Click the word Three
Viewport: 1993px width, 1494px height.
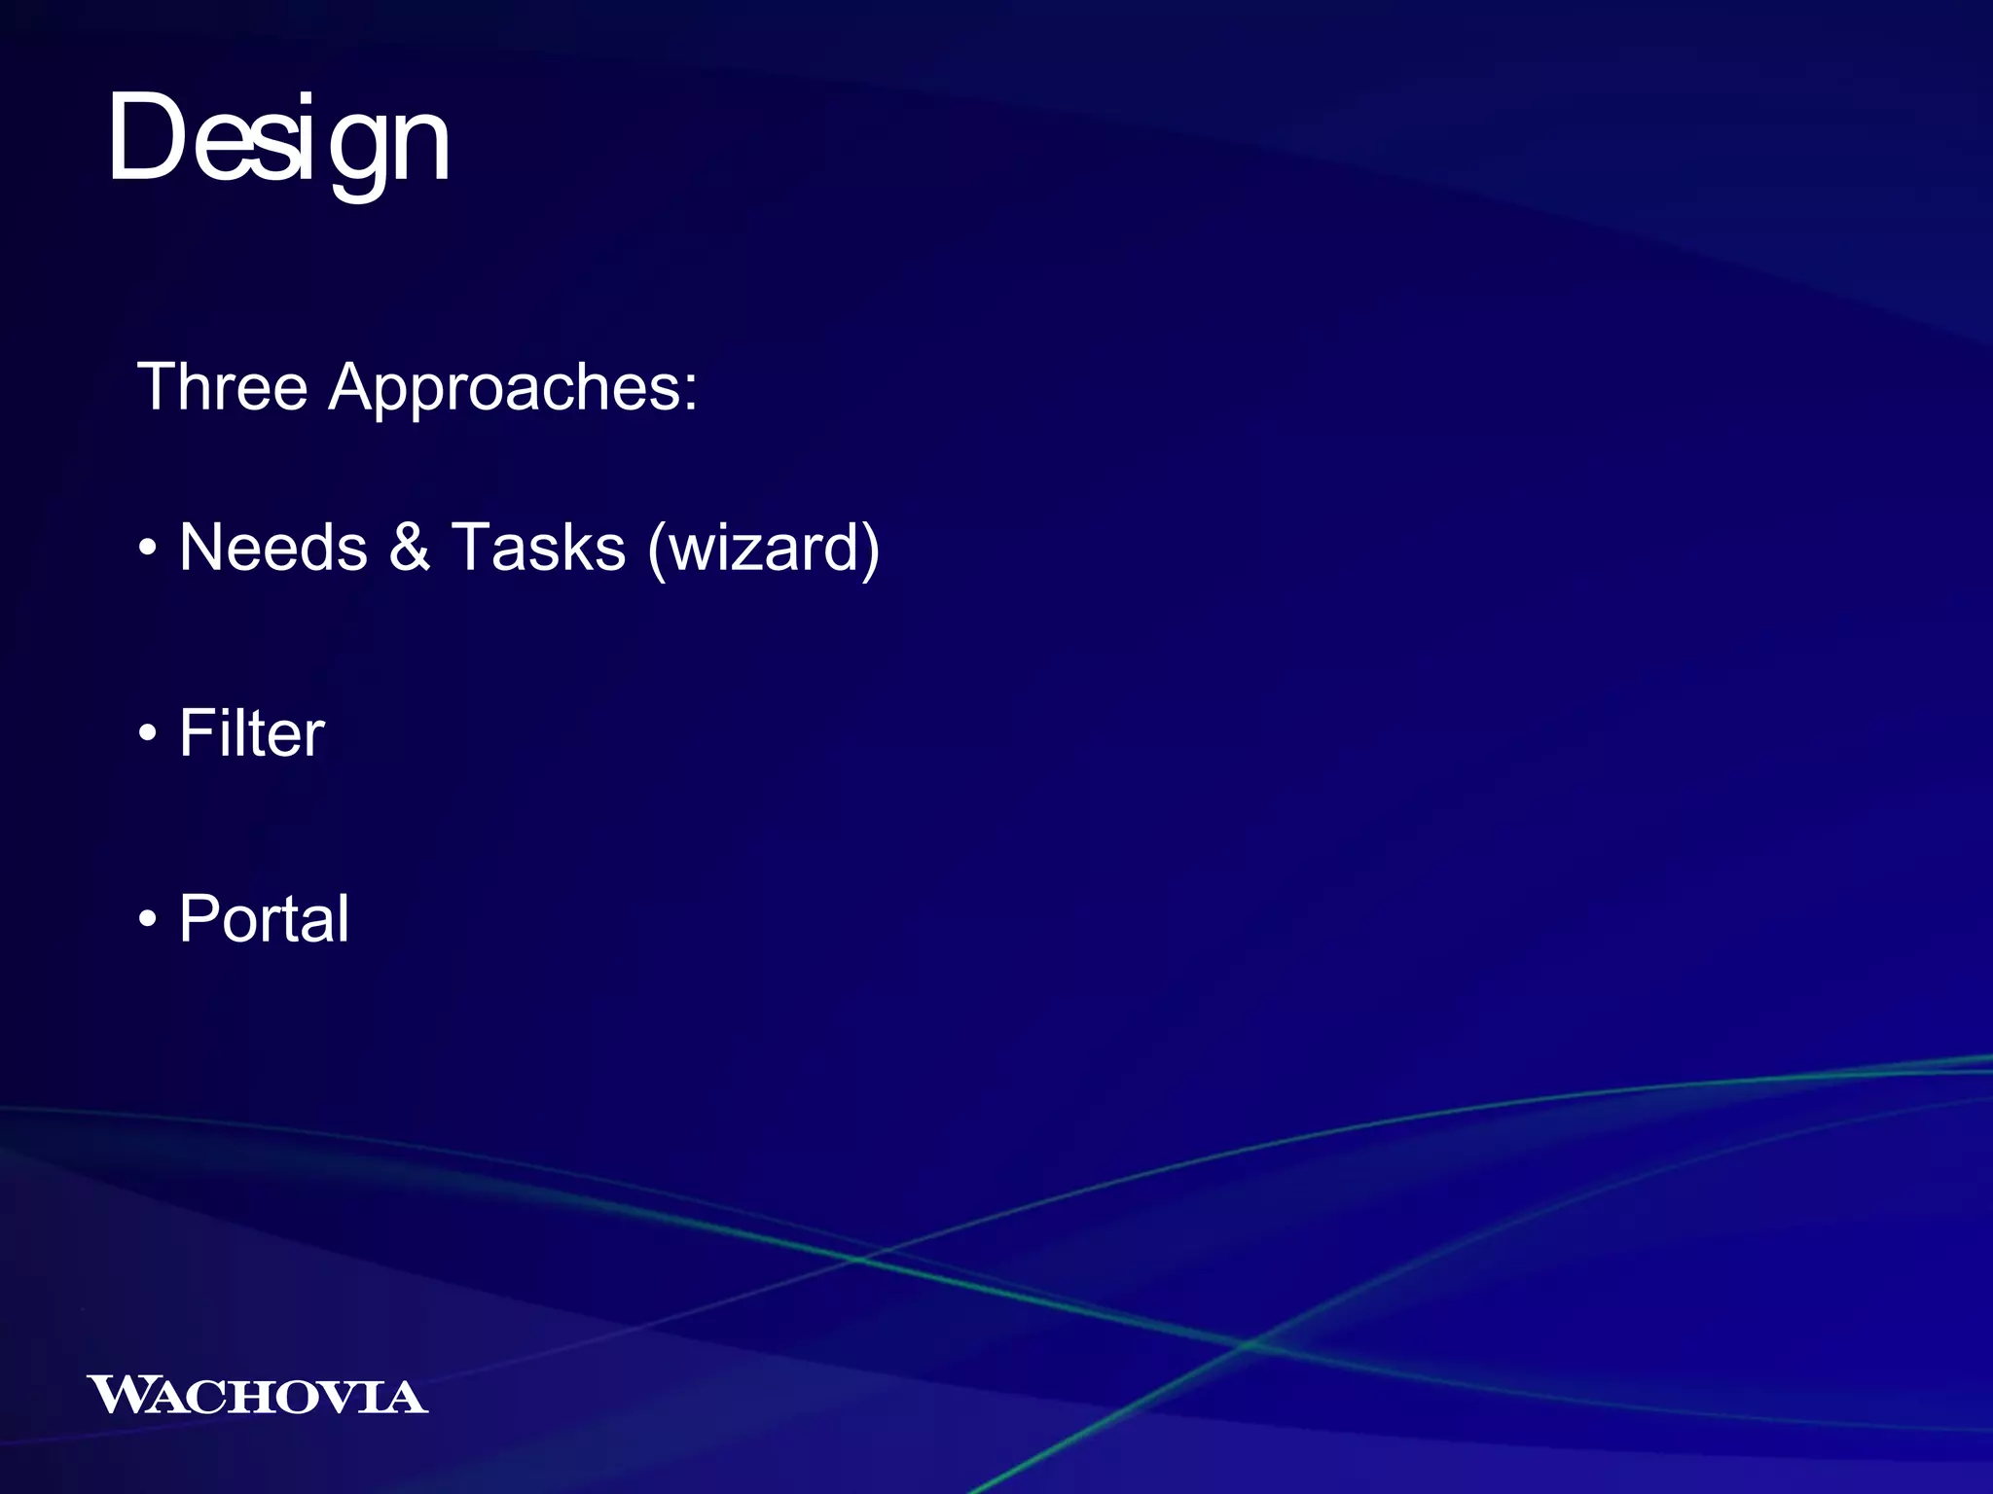(223, 387)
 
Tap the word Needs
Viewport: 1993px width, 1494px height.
(273, 547)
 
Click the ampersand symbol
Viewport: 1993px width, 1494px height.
(410, 547)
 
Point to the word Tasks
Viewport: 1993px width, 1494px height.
(538, 547)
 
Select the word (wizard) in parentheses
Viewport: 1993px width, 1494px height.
(764, 549)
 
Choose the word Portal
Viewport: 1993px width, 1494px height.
(264, 918)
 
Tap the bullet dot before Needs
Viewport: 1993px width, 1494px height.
(147, 549)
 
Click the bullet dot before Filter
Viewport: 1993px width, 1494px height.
(147, 734)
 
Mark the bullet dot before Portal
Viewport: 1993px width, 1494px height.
(147, 920)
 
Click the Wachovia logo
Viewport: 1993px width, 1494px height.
(257, 1395)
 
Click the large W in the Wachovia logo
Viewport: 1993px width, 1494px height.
(120, 1394)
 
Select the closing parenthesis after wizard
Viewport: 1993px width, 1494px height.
(869, 549)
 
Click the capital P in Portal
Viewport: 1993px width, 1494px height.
(201, 918)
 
